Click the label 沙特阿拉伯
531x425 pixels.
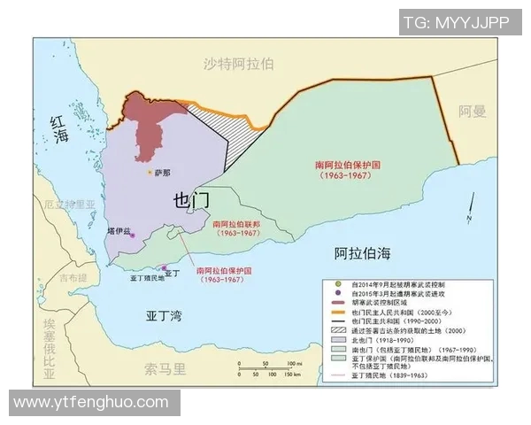[238, 64]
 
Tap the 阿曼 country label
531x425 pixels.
[472, 112]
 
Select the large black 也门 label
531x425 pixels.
[192, 200]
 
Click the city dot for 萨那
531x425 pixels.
[149, 172]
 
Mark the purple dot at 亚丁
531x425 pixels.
[163, 267]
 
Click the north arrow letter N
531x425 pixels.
[469, 220]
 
